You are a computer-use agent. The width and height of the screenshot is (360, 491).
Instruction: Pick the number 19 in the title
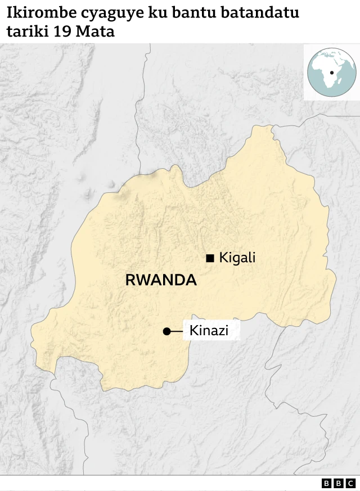[x=62, y=32]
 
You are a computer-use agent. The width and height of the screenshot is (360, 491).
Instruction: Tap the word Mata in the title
[x=95, y=32]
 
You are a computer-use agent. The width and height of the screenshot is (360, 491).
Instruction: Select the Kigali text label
[x=237, y=258]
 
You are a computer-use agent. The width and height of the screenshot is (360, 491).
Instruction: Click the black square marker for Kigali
[x=210, y=258]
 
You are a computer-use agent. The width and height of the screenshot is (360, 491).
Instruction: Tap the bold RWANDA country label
[x=161, y=280]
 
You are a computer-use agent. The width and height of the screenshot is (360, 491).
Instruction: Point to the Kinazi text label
[x=209, y=331]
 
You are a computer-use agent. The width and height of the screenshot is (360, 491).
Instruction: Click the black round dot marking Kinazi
[x=166, y=332]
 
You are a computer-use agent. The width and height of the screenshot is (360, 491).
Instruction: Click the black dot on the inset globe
[x=332, y=73]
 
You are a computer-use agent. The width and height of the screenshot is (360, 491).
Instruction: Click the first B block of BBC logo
[x=327, y=483]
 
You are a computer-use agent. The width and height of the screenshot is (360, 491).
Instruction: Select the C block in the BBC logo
[x=350, y=483]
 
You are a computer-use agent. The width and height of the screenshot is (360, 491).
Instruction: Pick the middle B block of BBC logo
[x=338, y=483]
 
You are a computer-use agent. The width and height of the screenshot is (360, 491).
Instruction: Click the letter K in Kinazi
[x=194, y=331]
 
